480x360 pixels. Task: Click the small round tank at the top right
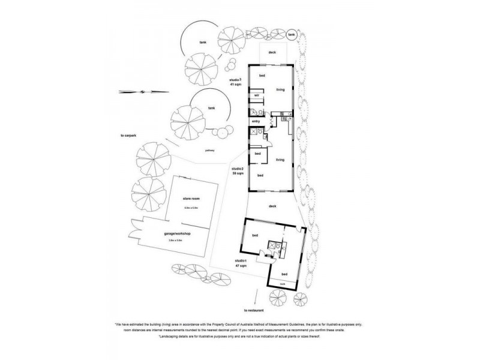tap(292, 35)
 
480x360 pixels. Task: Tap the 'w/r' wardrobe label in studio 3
tap(256, 95)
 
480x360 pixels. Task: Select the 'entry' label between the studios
tap(256, 122)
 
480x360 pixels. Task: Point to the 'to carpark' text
tap(130, 136)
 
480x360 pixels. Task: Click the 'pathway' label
tap(209, 150)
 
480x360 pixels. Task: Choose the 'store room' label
tap(191, 198)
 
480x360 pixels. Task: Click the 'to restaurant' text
tap(254, 310)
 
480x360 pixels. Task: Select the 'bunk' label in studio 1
tap(282, 284)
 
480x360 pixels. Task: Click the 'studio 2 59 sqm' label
tap(238, 172)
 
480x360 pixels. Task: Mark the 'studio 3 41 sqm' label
tap(235, 82)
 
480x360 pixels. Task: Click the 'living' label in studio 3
tap(280, 90)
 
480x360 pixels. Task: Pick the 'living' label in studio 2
tap(280, 160)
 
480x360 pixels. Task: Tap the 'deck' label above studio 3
tap(272, 53)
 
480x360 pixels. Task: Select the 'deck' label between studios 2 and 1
tap(272, 206)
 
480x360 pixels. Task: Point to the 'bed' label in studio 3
tap(262, 76)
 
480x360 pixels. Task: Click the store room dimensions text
tap(191, 208)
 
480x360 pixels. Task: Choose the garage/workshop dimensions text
tap(176, 241)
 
